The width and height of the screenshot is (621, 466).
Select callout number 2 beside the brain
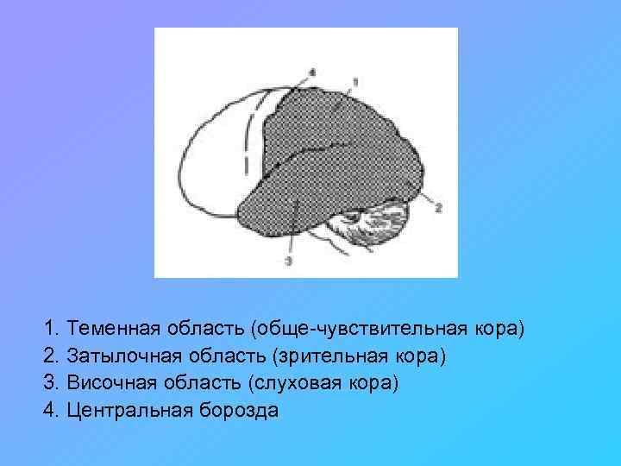(x=438, y=208)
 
